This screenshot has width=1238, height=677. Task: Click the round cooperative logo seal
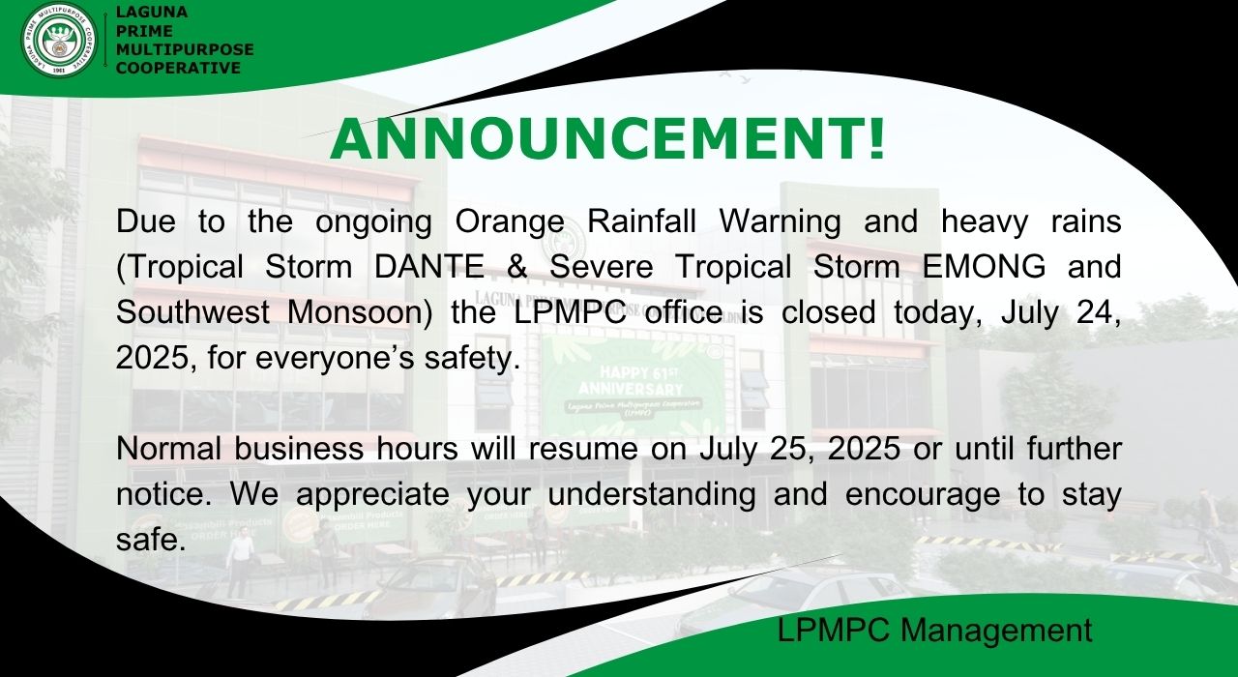point(59,41)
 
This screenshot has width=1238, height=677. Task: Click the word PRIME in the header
point(145,31)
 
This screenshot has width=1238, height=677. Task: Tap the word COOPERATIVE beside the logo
point(178,68)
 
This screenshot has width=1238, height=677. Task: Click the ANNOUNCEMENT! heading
point(607,139)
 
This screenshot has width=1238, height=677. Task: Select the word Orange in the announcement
point(510,221)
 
